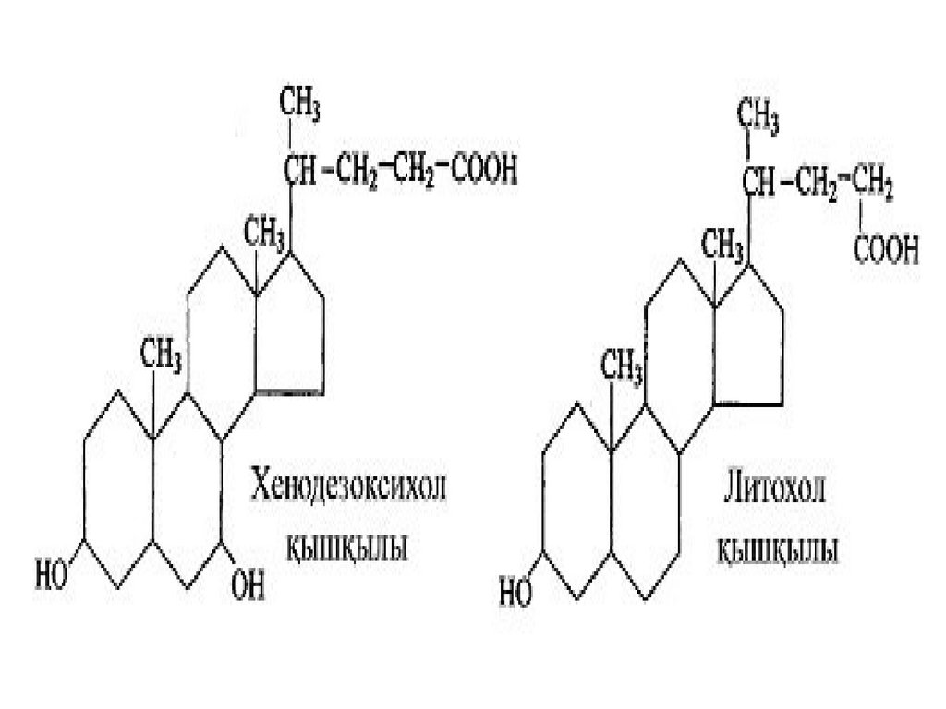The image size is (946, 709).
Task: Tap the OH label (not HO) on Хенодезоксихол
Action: [247, 584]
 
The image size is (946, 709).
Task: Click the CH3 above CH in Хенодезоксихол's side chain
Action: [300, 109]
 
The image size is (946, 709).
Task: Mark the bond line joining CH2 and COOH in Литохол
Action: [861, 218]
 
